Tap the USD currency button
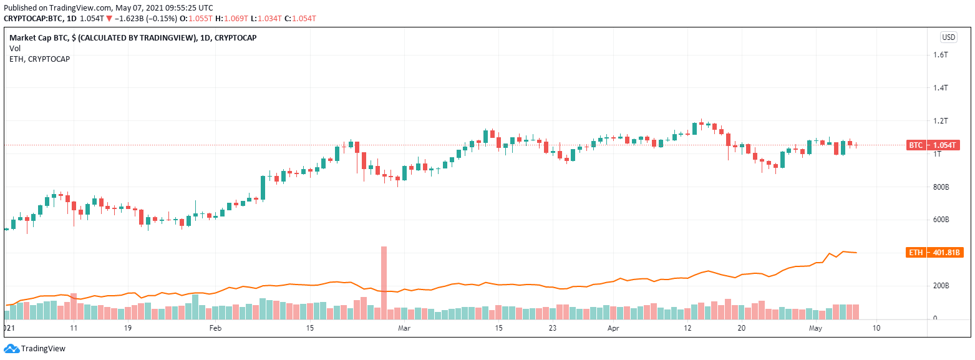point(948,37)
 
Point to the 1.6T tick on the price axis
point(940,55)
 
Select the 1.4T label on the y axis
point(940,88)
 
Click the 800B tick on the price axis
point(941,187)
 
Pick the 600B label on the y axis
point(941,220)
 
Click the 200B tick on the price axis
point(941,286)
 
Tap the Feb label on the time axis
point(215,328)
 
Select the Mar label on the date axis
point(404,328)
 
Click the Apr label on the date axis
point(613,328)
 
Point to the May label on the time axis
point(815,328)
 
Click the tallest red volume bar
point(384,283)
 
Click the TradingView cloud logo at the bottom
point(11,349)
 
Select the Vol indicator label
point(15,48)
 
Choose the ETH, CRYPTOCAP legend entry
point(39,59)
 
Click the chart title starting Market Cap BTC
point(133,38)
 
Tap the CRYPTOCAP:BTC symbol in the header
point(32,19)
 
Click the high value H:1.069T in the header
point(231,19)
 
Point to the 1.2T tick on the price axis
point(940,121)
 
